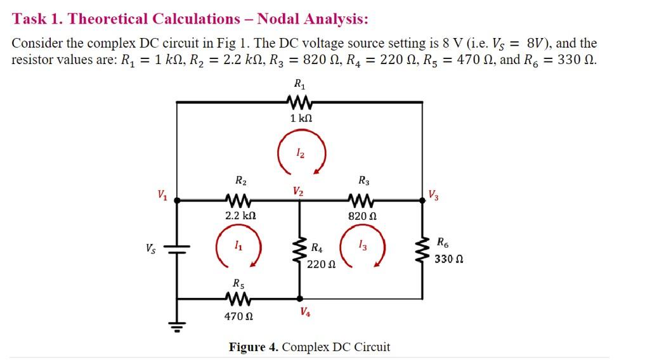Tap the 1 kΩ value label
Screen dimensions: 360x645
[x=301, y=119]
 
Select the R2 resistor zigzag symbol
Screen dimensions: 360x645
[x=240, y=200]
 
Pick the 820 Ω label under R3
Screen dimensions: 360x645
[x=363, y=216]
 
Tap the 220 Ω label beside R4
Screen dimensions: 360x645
[x=320, y=264]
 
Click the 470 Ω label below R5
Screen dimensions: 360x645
[x=239, y=315]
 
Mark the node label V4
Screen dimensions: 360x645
[x=306, y=312]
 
